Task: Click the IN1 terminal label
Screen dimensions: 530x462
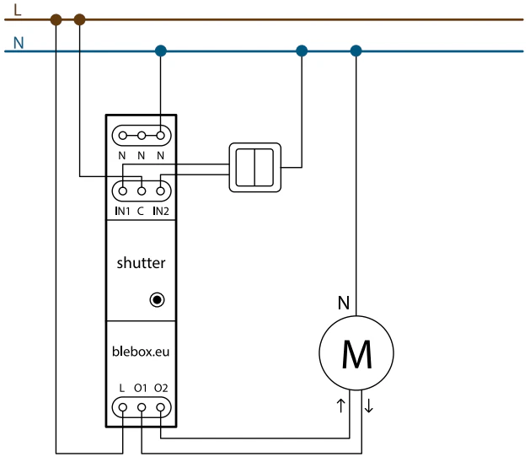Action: coord(122,211)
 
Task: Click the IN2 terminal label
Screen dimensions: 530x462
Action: coord(161,211)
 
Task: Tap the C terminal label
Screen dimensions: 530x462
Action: coord(141,211)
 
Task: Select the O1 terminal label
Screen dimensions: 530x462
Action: coord(141,388)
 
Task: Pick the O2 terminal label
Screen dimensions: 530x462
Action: coord(161,388)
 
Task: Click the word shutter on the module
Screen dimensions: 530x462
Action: coord(141,263)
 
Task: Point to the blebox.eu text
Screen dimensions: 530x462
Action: coord(141,352)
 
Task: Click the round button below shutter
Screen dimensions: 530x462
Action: coord(157,299)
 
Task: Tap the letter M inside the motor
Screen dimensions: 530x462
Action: coord(357,354)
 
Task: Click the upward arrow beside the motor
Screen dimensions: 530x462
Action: coord(340,406)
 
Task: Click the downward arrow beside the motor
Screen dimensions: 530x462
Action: coord(369,406)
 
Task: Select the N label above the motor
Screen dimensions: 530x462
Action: coord(344,303)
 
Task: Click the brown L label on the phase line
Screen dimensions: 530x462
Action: coord(18,10)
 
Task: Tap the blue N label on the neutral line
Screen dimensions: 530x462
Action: coord(19,43)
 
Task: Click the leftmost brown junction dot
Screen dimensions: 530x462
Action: coord(56,19)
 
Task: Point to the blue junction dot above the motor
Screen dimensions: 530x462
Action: coord(356,51)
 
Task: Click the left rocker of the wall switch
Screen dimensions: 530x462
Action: coord(245,168)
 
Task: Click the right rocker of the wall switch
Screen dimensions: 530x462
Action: coord(264,168)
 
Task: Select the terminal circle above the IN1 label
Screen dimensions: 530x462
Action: coord(123,191)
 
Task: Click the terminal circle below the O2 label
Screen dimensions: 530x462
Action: coord(161,407)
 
